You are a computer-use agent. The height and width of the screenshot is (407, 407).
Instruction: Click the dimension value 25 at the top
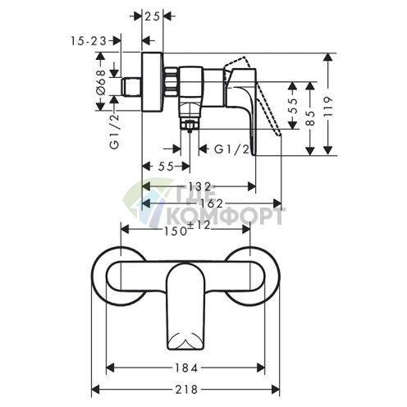(x=152, y=17)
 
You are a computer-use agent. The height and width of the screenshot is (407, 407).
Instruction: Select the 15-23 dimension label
(x=89, y=41)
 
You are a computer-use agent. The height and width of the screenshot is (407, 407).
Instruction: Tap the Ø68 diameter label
(x=101, y=82)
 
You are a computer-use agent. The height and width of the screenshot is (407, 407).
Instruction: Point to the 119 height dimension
(x=327, y=107)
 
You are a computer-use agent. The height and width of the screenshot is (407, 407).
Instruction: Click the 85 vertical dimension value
(x=310, y=118)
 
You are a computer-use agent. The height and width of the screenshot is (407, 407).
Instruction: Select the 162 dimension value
(x=212, y=203)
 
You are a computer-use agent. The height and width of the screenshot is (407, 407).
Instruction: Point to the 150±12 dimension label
(x=187, y=228)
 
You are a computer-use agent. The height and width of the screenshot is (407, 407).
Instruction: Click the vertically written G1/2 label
(x=115, y=131)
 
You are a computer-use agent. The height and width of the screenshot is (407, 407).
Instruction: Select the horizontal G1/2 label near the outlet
(x=232, y=149)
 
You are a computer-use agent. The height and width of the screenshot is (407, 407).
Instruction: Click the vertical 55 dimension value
(x=293, y=105)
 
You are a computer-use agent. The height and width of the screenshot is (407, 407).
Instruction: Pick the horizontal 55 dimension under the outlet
(x=166, y=166)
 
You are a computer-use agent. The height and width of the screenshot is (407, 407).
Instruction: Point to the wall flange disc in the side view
(x=152, y=81)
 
